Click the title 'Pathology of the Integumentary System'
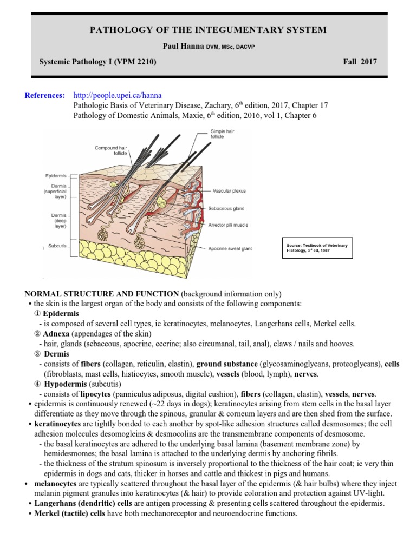tap(208, 30)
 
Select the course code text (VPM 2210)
tap(136, 62)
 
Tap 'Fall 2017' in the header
tap(360, 62)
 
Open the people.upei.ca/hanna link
tap(117, 96)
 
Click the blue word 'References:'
tap(45, 96)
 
